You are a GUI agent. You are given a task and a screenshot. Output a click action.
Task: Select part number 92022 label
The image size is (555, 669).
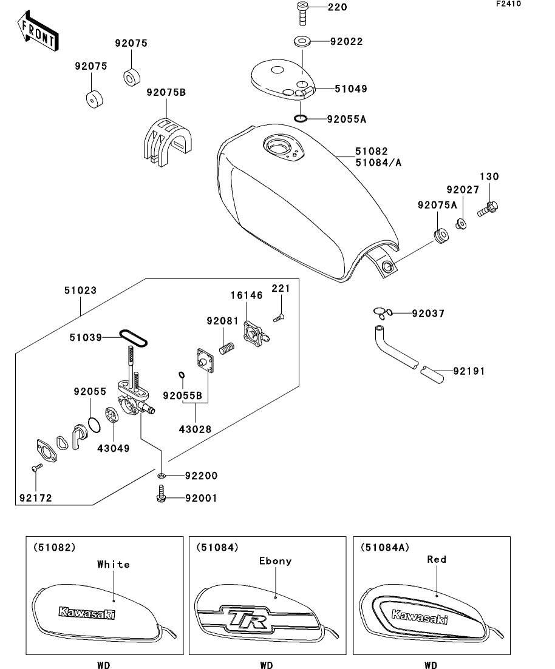(346, 42)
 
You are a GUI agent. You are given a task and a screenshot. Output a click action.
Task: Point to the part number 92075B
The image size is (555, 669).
(166, 93)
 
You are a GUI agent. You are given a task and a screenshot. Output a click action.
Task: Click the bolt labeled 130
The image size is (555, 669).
(489, 209)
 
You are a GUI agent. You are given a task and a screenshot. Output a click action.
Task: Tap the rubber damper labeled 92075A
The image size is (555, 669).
(440, 234)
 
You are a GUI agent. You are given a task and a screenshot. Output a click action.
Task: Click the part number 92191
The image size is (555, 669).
(468, 371)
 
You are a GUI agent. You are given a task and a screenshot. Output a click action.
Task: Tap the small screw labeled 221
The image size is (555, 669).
(280, 316)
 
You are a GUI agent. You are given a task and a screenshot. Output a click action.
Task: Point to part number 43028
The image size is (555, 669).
(196, 429)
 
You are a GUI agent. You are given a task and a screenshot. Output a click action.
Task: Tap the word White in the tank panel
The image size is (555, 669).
(114, 564)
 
